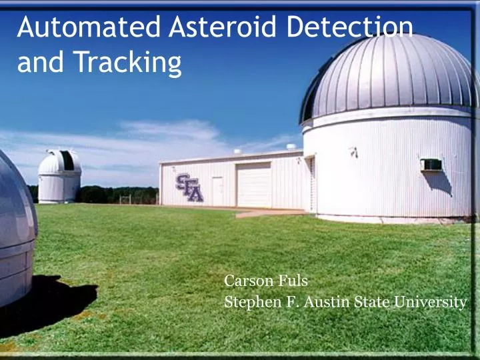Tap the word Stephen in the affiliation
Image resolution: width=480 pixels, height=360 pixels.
249,302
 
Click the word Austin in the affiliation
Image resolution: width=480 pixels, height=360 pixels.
326,302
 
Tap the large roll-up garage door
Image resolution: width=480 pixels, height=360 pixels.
254,185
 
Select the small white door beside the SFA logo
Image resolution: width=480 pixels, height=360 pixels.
217,191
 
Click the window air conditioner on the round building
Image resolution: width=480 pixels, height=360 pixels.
431,165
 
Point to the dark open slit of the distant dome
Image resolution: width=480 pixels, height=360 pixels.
67,161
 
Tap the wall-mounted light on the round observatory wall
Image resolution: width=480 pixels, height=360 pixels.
354,153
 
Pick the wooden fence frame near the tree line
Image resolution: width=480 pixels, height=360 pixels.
126,199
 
